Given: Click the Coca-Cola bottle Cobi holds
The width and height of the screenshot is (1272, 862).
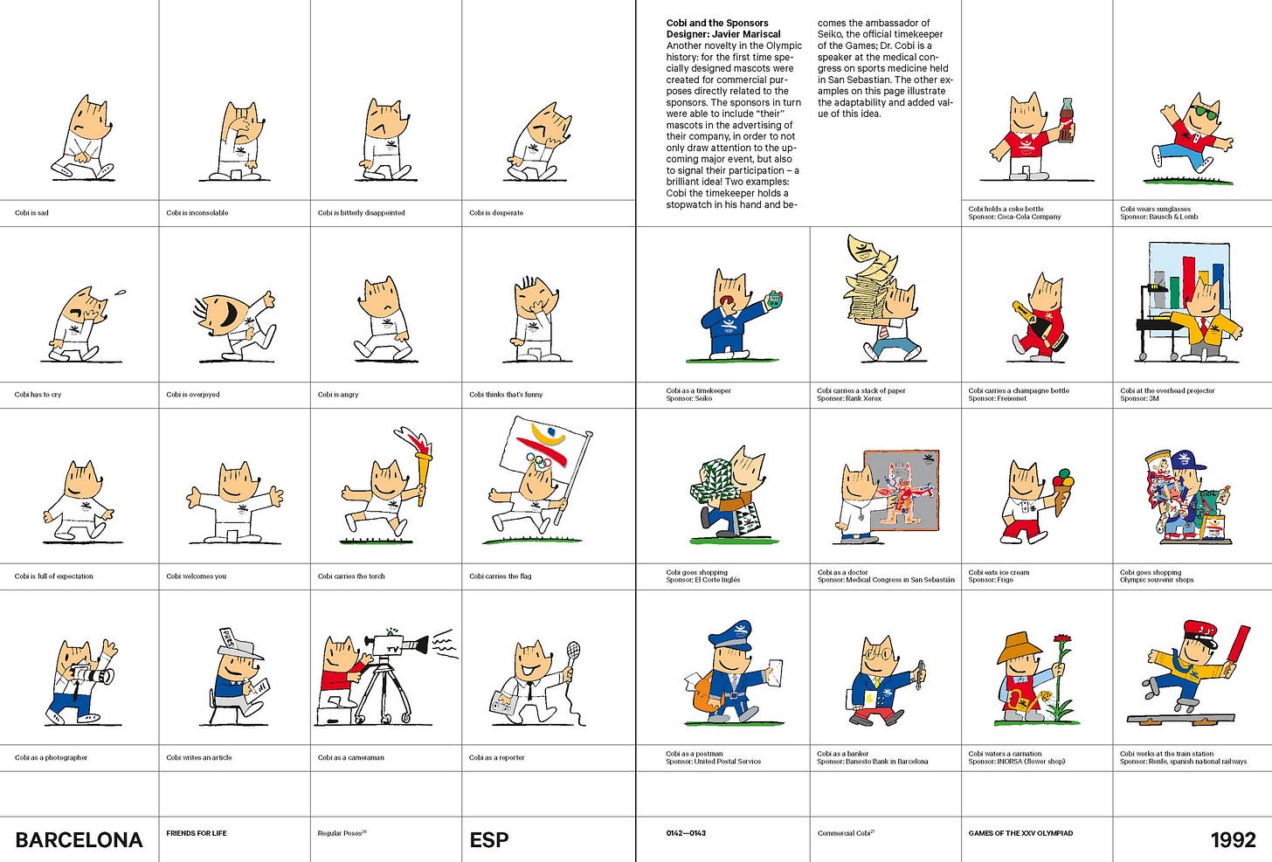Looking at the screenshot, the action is [1067, 121].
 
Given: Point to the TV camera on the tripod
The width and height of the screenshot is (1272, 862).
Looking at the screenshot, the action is [397, 645].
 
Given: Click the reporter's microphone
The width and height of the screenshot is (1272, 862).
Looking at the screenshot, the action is [572, 650].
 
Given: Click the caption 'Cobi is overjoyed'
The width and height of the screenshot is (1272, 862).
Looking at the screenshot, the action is [193, 394].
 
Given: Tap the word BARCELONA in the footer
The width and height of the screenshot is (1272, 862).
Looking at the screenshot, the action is [79, 840].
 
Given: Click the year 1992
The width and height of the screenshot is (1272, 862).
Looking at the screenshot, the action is [1233, 840].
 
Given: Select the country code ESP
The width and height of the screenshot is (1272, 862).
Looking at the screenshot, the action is [489, 840].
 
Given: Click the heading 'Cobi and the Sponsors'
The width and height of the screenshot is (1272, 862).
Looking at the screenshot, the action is [717, 23].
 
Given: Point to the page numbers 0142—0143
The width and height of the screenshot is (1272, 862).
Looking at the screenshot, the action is [686, 833].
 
